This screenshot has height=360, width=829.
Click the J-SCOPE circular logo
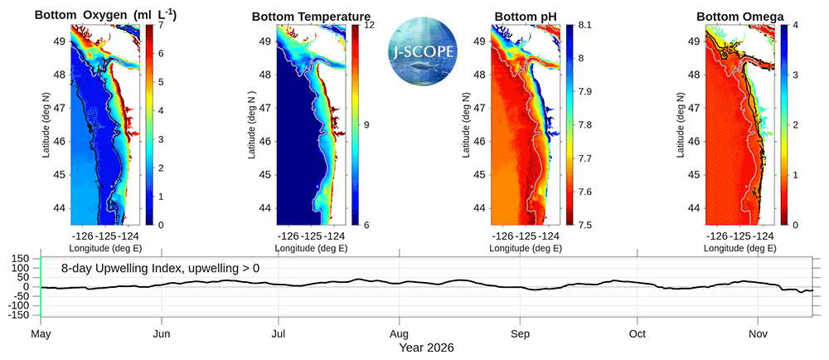point(424,51)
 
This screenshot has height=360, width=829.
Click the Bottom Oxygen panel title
point(106,16)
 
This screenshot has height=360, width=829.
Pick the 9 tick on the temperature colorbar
point(364,125)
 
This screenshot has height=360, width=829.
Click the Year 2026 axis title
point(426,348)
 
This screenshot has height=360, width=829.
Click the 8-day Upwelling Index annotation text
point(160,269)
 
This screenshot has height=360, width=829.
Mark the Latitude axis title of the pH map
point(466,124)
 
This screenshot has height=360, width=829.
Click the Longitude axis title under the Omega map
point(740,248)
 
